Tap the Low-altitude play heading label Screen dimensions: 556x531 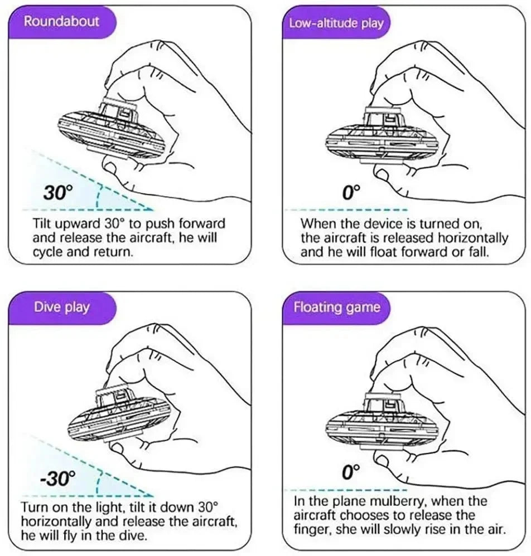coord(336,23)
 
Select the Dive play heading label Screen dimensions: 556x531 coord(61,307)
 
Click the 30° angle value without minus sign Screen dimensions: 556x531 coord(58,193)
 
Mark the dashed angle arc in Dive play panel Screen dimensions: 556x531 coord(98,482)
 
